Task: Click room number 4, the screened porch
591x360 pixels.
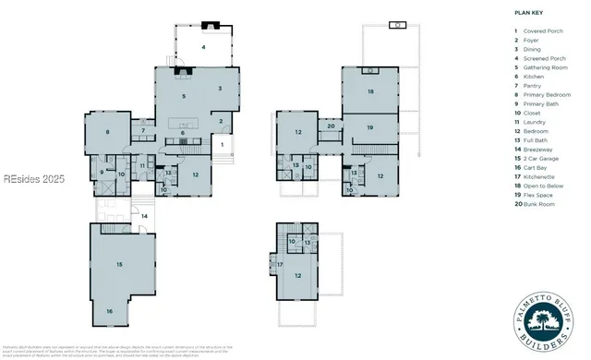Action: coord(203,45)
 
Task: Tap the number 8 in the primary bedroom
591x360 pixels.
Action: coord(107,133)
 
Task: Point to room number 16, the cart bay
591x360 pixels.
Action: coord(109,312)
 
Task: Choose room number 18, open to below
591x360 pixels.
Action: coord(370,91)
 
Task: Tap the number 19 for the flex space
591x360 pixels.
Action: coord(370,127)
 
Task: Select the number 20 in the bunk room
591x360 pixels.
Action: coord(331,126)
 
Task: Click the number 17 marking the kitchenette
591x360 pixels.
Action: coord(281,265)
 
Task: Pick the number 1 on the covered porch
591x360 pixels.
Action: coord(222,144)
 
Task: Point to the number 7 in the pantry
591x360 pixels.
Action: coord(144,132)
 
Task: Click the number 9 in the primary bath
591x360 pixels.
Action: coord(102,172)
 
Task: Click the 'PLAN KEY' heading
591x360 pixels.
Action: coord(527,13)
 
